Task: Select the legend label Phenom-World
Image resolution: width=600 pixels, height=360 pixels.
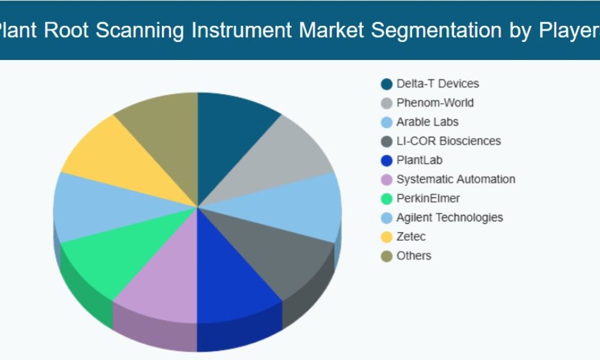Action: [x=435, y=103]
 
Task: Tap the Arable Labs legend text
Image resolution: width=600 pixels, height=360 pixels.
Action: [x=427, y=122]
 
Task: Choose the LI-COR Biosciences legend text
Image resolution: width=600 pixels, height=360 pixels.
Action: [x=448, y=142]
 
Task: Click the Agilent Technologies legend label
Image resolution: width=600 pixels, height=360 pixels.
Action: [x=449, y=218]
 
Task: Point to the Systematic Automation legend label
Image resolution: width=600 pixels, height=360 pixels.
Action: [x=455, y=179]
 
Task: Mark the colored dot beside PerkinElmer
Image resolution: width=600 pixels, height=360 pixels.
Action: [x=387, y=199]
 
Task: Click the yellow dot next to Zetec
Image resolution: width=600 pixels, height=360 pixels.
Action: [x=387, y=237]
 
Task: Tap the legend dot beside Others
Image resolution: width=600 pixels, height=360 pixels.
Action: [x=387, y=256]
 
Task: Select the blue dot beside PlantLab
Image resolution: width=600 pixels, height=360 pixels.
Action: [x=387, y=161]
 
